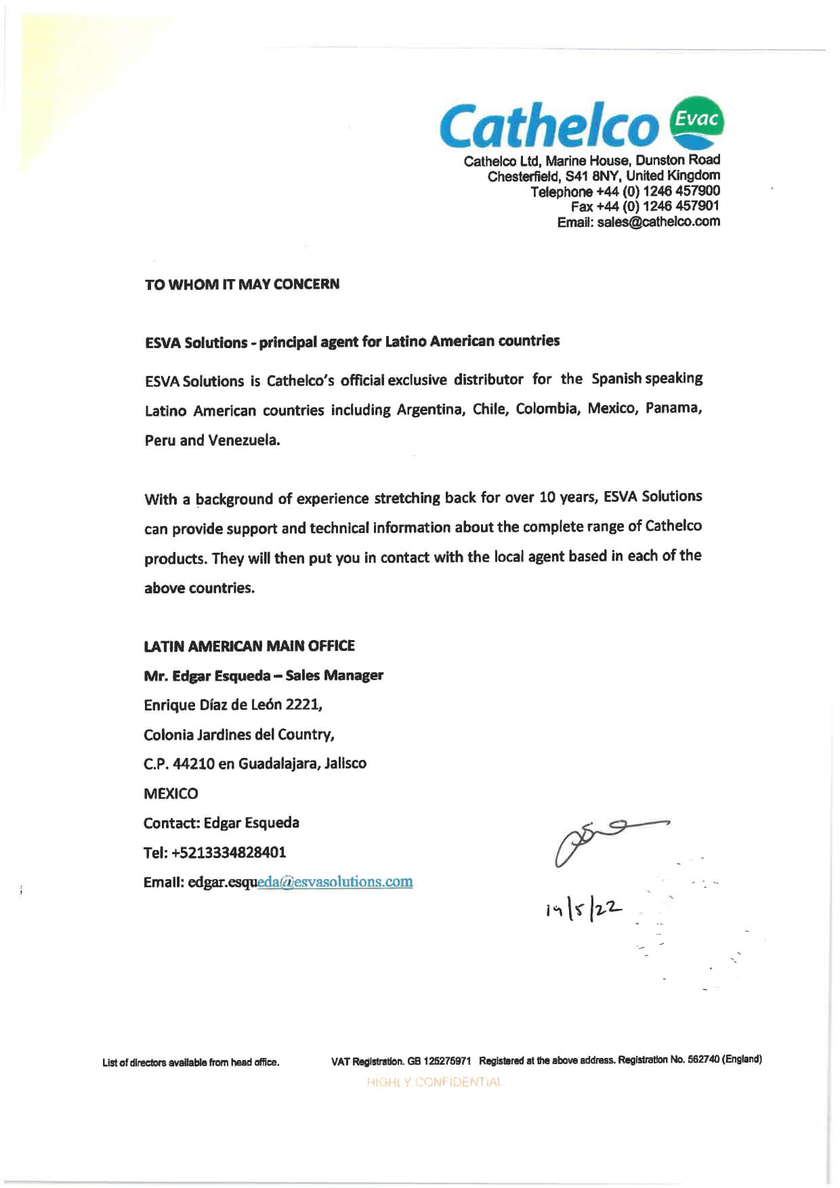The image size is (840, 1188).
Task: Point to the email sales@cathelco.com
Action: click(658, 222)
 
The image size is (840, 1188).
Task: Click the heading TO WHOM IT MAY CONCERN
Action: click(242, 284)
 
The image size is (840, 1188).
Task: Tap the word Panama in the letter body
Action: click(672, 408)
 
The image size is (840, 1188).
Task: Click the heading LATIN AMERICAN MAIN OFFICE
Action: click(249, 646)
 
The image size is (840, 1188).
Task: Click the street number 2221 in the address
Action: click(302, 704)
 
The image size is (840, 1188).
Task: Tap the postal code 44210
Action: click(193, 764)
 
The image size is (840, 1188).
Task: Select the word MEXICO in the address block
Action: click(171, 793)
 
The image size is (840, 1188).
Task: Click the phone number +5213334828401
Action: click(228, 852)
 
